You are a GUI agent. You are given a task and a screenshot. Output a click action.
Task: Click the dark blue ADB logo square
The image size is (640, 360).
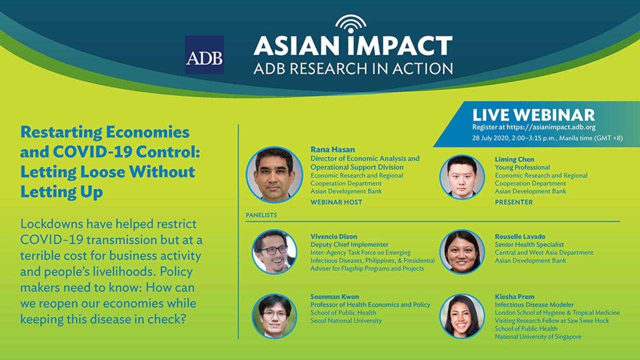(x=204, y=55)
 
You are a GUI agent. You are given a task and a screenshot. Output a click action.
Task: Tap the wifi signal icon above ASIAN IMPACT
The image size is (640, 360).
(x=351, y=24)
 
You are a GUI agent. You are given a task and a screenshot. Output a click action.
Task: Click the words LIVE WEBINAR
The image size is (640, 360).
(x=533, y=115)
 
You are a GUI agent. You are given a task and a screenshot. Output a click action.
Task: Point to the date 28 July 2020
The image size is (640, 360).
(x=490, y=138)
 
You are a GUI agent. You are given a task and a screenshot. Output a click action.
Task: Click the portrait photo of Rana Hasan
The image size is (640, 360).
(x=274, y=175)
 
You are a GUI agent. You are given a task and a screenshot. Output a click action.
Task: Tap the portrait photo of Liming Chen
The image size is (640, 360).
(x=462, y=177)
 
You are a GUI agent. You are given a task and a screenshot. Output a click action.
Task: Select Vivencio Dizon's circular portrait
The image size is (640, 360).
(x=274, y=252)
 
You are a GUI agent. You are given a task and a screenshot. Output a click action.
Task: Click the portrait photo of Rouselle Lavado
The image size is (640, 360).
(x=462, y=252)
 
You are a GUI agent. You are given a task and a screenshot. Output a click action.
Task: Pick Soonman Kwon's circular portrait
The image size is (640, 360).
(x=274, y=316)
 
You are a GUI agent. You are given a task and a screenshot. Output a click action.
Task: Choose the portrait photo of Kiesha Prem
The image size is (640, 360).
(x=462, y=316)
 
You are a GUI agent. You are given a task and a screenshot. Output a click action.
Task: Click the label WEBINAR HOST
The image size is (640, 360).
(x=336, y=202)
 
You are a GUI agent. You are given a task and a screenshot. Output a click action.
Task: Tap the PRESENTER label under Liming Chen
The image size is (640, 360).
(x=513, y=202)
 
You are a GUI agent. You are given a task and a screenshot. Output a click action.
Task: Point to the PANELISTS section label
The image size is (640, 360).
(x=261, y=215)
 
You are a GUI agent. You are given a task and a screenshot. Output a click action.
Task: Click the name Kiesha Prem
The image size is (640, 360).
(x=514, y=296)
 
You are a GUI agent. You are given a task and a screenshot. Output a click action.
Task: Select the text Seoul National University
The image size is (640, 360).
(x=346, y=321)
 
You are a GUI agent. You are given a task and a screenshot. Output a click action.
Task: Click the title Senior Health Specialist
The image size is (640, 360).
(x=529, y=244)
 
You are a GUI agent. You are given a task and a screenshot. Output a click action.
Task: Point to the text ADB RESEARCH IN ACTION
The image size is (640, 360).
(x=353, y=69)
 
